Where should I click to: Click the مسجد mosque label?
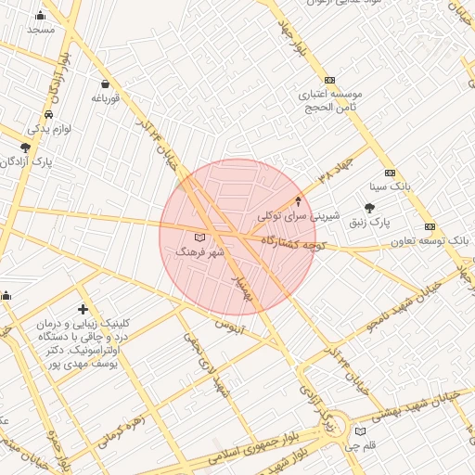tap(41, 30)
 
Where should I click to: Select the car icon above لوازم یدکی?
tap(47, 115)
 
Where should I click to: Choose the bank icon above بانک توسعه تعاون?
tap(430, 226)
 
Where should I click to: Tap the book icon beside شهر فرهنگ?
tap(200, 237)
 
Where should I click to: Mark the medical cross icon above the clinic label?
tap(83, 309)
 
